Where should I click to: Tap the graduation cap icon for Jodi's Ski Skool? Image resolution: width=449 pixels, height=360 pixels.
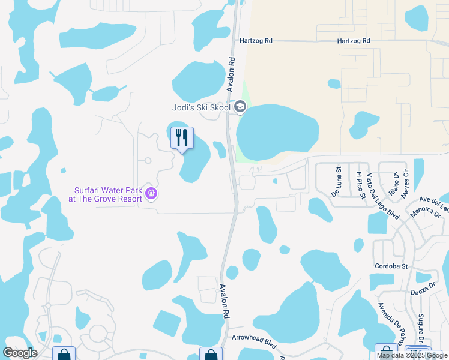tap(240, 107)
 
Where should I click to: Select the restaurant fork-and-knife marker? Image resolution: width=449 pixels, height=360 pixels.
tap(182, 138)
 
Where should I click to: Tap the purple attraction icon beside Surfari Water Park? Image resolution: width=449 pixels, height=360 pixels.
tap(151, 193)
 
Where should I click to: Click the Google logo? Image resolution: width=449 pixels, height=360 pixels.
tap(20, 353)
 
